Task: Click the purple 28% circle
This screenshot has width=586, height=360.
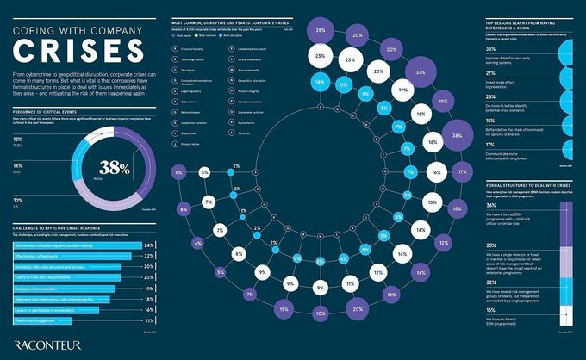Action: click(320, 31)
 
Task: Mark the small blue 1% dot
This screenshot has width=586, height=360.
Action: click(244, 211)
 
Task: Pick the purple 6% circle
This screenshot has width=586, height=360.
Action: click(198, 244)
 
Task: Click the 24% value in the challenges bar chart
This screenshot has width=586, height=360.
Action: click(148, 245)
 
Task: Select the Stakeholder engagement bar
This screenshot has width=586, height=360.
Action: click(69, 319)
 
